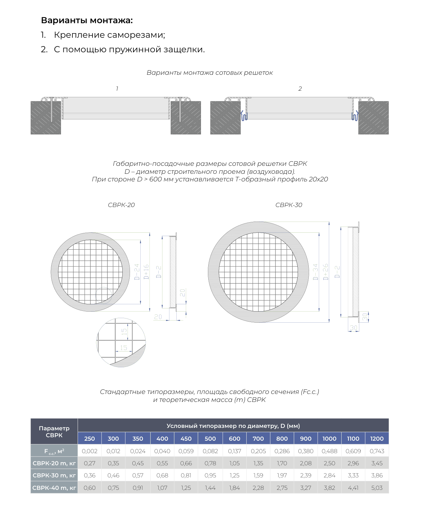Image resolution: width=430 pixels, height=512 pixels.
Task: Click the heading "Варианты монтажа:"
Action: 87,20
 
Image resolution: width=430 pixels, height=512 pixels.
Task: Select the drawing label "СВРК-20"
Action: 121,205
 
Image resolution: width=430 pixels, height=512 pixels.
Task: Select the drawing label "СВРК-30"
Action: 289,205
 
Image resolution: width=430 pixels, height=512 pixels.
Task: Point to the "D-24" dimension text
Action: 137,272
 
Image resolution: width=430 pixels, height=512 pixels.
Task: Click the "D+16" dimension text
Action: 146,272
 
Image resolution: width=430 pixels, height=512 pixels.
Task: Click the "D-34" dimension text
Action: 315,272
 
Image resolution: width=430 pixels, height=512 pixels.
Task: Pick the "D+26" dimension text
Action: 325,272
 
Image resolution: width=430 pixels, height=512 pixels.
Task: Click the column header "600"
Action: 234,439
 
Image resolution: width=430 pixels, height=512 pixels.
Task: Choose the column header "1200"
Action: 377,439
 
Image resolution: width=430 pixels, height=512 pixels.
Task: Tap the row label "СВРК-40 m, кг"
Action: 54,488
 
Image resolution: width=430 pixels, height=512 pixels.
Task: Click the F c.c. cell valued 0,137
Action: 234,451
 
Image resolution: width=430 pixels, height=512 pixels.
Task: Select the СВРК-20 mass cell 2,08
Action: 306,463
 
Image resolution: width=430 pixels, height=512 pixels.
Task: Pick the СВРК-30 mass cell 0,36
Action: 90,475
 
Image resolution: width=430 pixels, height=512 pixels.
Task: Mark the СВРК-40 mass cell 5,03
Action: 377,488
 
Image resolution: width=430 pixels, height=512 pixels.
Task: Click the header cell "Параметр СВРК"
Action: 54,432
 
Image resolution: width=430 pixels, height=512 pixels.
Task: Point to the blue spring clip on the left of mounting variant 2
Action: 244,116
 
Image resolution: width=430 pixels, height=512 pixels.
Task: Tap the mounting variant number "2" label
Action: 300,89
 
